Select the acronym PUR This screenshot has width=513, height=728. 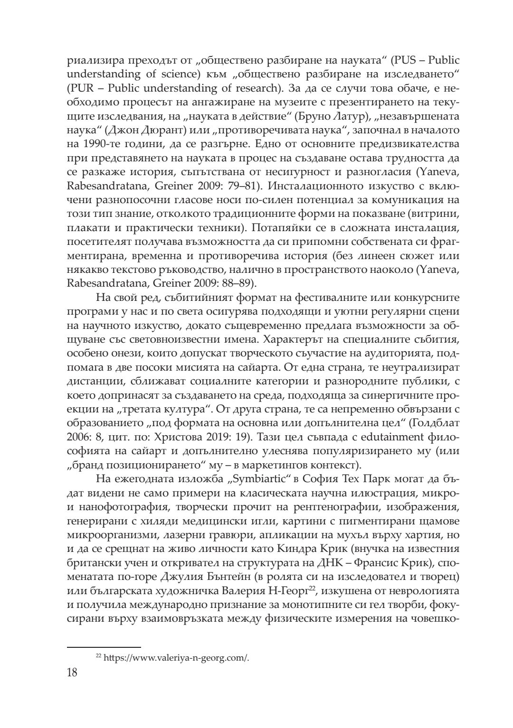(x=83, y=88)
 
